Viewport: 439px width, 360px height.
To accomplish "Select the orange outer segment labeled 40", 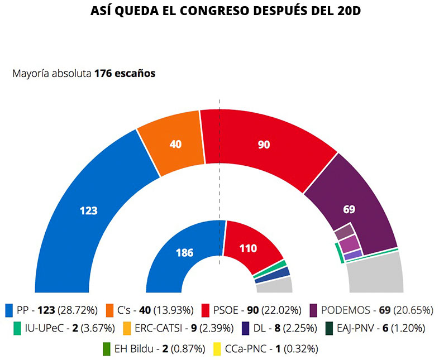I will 175,143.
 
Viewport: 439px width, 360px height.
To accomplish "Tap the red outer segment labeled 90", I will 264,145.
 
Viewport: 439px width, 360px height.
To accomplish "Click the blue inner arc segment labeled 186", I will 185,252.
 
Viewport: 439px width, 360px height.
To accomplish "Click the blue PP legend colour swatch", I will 8,310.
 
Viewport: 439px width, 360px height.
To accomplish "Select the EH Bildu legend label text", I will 132,349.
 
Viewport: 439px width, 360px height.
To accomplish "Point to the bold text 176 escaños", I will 125,73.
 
